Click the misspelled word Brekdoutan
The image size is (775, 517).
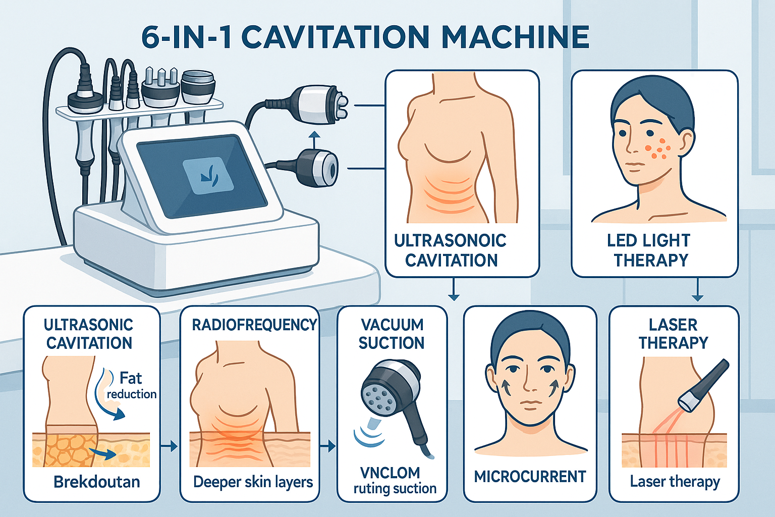coord(96,482)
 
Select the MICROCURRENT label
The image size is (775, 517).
coord(530,477)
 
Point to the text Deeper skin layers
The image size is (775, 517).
coord(253,482)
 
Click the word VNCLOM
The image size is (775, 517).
coord(390,473)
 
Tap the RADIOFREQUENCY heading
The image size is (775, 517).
coord(254,325)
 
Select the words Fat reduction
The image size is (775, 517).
coord(131,385)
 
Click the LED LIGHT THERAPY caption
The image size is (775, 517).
coord(650,250)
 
